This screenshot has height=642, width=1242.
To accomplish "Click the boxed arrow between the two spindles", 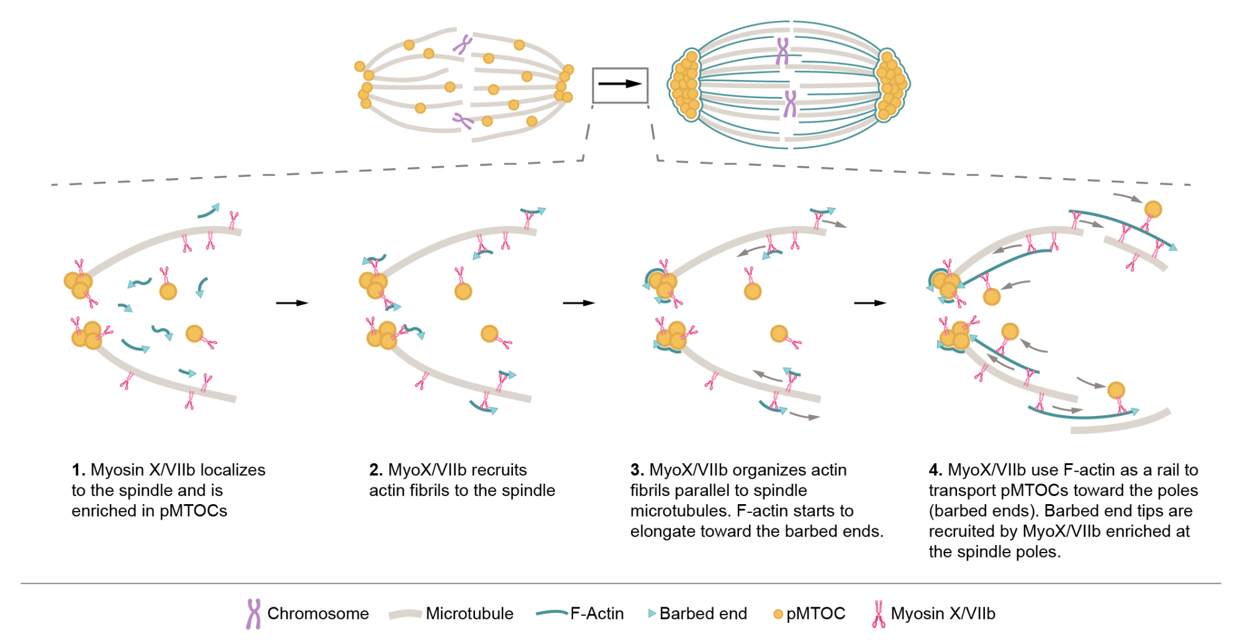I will (x=620, y=85).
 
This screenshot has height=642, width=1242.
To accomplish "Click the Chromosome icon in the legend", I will (x=253, y=614).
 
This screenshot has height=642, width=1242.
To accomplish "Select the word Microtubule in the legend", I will (x=469, y=614).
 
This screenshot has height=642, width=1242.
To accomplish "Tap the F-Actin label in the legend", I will (x=597, y=614).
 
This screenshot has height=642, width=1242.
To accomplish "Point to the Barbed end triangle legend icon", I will (x=651, y=613).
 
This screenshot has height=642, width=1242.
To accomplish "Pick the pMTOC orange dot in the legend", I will (x=777, y=615).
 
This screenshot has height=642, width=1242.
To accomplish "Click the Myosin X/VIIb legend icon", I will (x=878, y=614).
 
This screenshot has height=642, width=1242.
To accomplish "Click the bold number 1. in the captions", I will (x=78, y=470).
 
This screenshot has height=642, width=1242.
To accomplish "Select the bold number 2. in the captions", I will (x=375, y=470).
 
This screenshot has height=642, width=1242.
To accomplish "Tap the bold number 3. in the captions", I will (x=637, y=470).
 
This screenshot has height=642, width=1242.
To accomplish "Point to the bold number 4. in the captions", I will (x=935, y=470).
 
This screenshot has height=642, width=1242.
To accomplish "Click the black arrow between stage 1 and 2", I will (x=292, y=303).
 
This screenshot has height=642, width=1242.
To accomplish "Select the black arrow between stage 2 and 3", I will (x=579, y=303).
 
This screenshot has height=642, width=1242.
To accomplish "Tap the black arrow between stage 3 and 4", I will (x=870, y=303).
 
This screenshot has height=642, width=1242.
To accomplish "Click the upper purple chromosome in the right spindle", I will (x=782, y=51).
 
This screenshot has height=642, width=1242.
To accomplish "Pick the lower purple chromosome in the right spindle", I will (x=789, y=104).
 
